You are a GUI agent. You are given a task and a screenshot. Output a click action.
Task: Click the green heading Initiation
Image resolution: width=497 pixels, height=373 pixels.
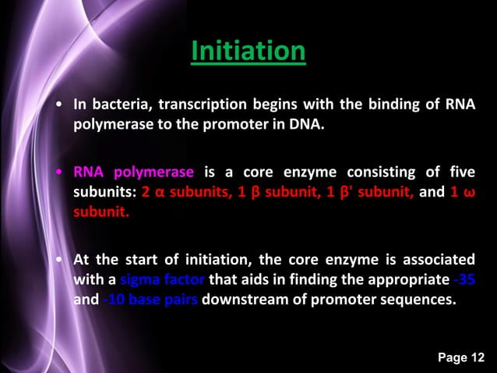tap(248, 52)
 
